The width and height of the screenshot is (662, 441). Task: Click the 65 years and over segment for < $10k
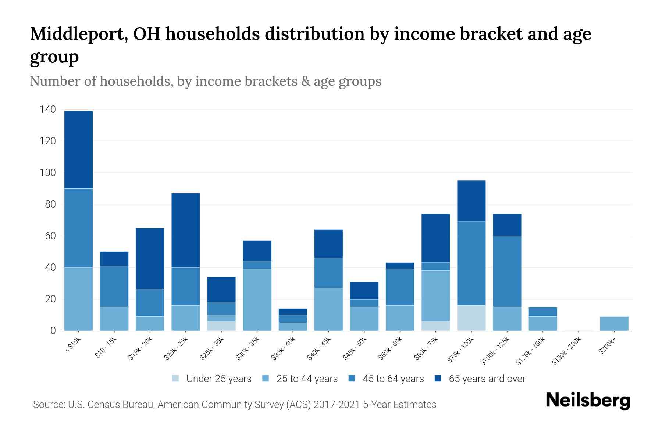point(78,150)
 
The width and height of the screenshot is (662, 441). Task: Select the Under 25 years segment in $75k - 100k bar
point(471,318)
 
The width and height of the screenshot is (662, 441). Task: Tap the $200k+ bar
point(614,323)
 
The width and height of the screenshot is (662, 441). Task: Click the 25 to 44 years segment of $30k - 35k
point(257,300)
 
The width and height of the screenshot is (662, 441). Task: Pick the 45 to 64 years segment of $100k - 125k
point(507,271)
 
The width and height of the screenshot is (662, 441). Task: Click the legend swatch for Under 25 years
point(176,378)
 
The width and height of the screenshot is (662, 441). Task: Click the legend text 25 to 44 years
point(307,379)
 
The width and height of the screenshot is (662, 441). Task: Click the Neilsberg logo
point(588,401)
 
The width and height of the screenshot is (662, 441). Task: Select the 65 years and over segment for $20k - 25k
point(186,230)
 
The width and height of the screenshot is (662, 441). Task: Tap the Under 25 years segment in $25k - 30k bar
point(221,326)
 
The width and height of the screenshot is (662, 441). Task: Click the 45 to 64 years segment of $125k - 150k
point(542,312)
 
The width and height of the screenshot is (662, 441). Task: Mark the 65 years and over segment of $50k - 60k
point(400,266)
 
